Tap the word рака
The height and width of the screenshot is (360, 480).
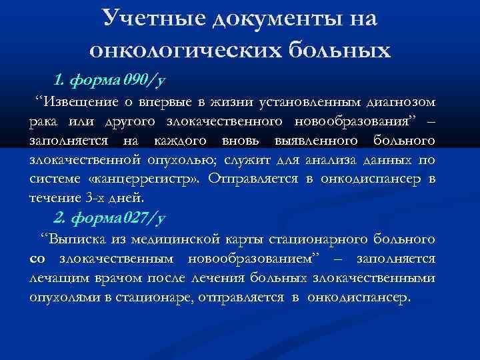(43, 122)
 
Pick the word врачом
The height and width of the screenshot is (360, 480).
(114, 277)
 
